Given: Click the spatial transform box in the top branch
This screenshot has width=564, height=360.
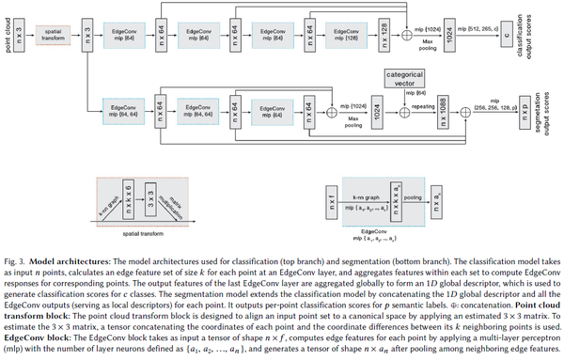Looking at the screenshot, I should click(54, 39).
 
